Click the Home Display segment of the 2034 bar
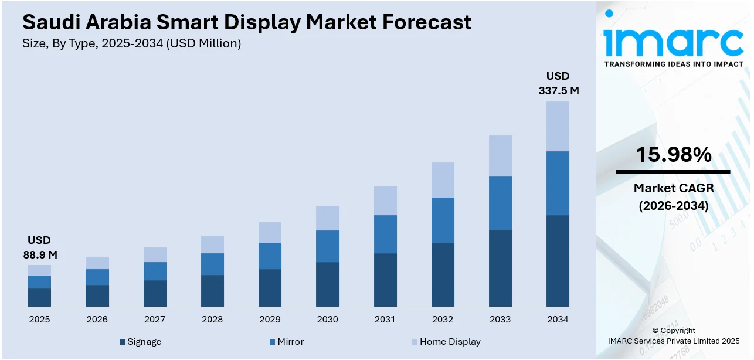tap(558, 126)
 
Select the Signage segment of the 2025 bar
tap(39, 297)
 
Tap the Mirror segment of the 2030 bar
tap(327, 246)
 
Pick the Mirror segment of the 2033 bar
tap(500, 203)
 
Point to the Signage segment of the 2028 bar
tap(212, 291)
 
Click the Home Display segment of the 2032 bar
tap(443, 180)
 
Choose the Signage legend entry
tap(140, 342)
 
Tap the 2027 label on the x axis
tap(155, 320)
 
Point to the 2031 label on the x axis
tap(385, 320)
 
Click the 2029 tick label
tap(270, 320)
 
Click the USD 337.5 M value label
tap(558, 83)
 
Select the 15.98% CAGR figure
tap(673, 155)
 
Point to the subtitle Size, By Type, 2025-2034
tap(131, 43)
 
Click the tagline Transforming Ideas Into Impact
tap(673, 64)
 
